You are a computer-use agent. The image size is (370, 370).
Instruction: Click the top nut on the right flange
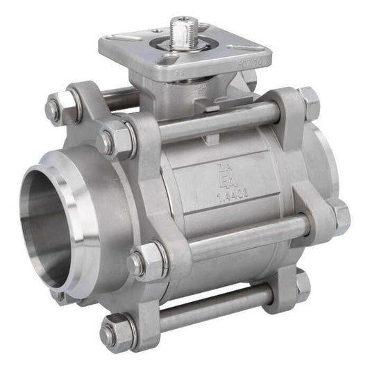tap(310, 101)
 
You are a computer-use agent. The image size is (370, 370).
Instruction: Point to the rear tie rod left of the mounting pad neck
tap(118, 98)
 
